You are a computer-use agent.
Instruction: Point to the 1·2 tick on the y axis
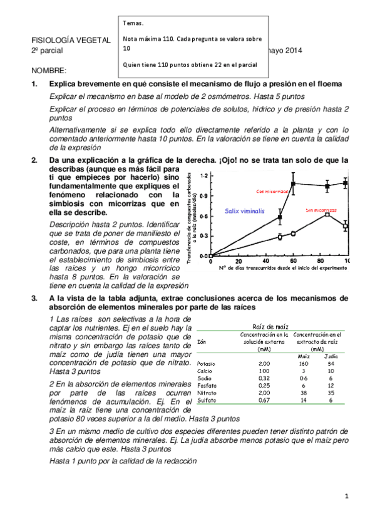click(x=203, y=177)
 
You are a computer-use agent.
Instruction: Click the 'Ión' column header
click(x=201, y=342)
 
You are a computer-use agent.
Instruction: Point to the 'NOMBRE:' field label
click(x=48, y=71)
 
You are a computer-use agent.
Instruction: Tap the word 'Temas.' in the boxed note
click(x=135, y=23)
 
